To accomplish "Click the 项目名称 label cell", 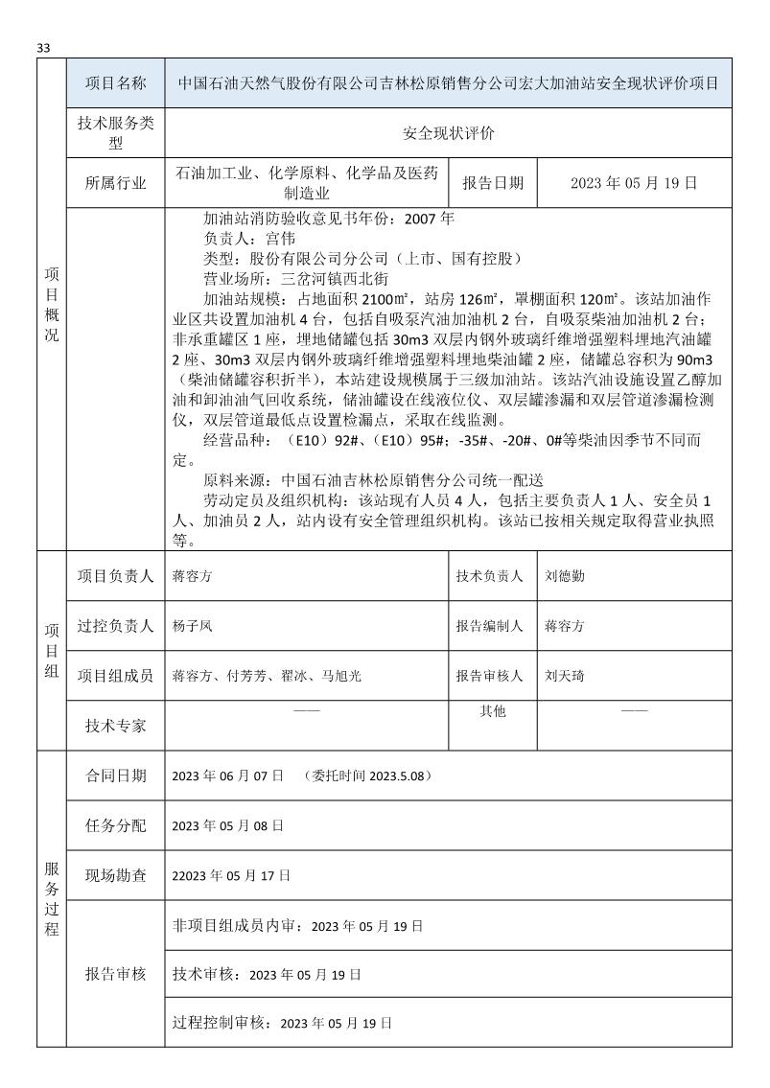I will (115, 83).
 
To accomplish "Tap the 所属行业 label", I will (115, 183).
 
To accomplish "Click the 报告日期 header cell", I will (493, 183).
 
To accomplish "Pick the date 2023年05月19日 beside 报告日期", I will (633, 183).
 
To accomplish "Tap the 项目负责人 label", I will (115, 576).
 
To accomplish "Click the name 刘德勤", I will (566, 576).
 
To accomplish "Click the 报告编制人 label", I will (489, 626).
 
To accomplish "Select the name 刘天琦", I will (566, 676).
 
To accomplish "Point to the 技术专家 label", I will (115, 726).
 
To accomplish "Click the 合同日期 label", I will (115, 775).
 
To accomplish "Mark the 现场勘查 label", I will (115, 875).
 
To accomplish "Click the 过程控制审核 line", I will (283, 1023).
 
